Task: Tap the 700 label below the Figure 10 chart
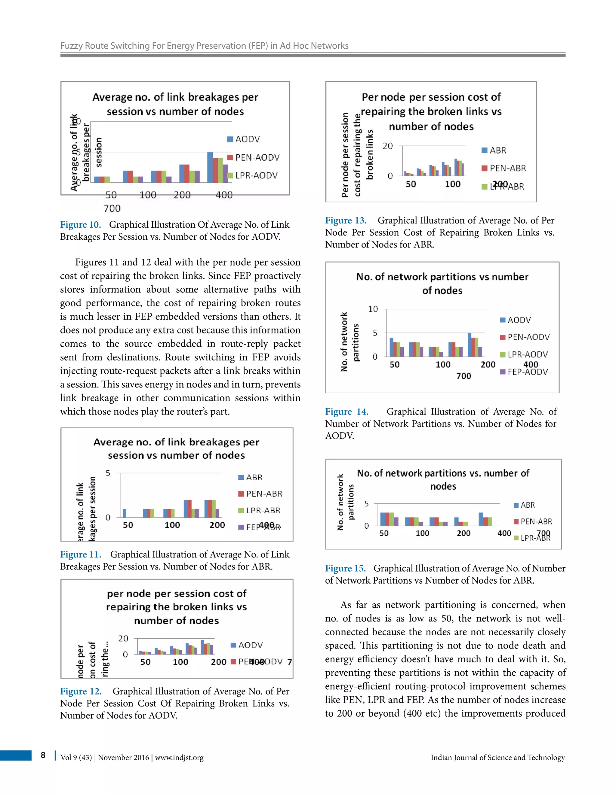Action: pos(112,208)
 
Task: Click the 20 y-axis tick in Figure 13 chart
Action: pos(387,146)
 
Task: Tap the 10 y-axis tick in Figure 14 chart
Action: pos(373,309)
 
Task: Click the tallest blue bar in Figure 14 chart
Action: pos(469,345)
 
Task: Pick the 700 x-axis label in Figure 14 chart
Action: pos(464,376)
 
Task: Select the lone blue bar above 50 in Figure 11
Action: pos(125,513)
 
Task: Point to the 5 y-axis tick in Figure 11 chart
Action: pos(108,473)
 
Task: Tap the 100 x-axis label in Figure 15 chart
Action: pos(422,533)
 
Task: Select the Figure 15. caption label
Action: pos(345,568)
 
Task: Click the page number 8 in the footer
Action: pos(43,755)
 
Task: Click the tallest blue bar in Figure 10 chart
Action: pos(210,167)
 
